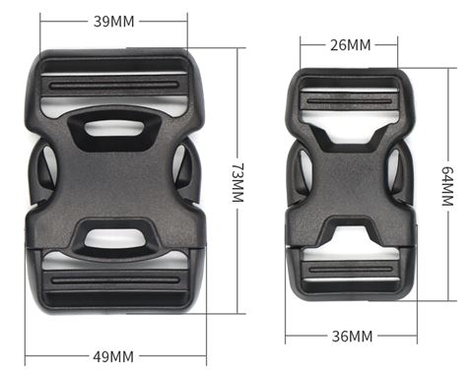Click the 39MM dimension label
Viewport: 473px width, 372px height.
pos(114,22)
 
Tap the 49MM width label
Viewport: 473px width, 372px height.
pos(113,356)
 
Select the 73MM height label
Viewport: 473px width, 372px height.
pos(237,182)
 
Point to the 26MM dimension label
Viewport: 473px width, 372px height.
pos(351,45)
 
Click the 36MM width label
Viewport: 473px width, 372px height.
pos(352,337)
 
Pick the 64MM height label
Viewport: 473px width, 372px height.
pos(447,186)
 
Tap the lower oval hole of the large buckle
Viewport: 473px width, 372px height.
pos(114,238)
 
